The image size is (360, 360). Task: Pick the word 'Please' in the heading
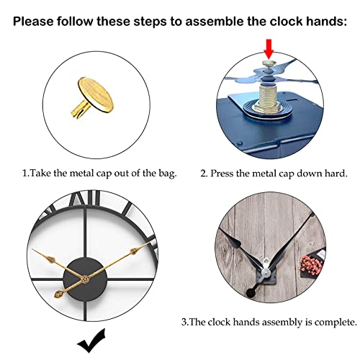(36, 20)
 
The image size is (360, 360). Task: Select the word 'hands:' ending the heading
(325, 20)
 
